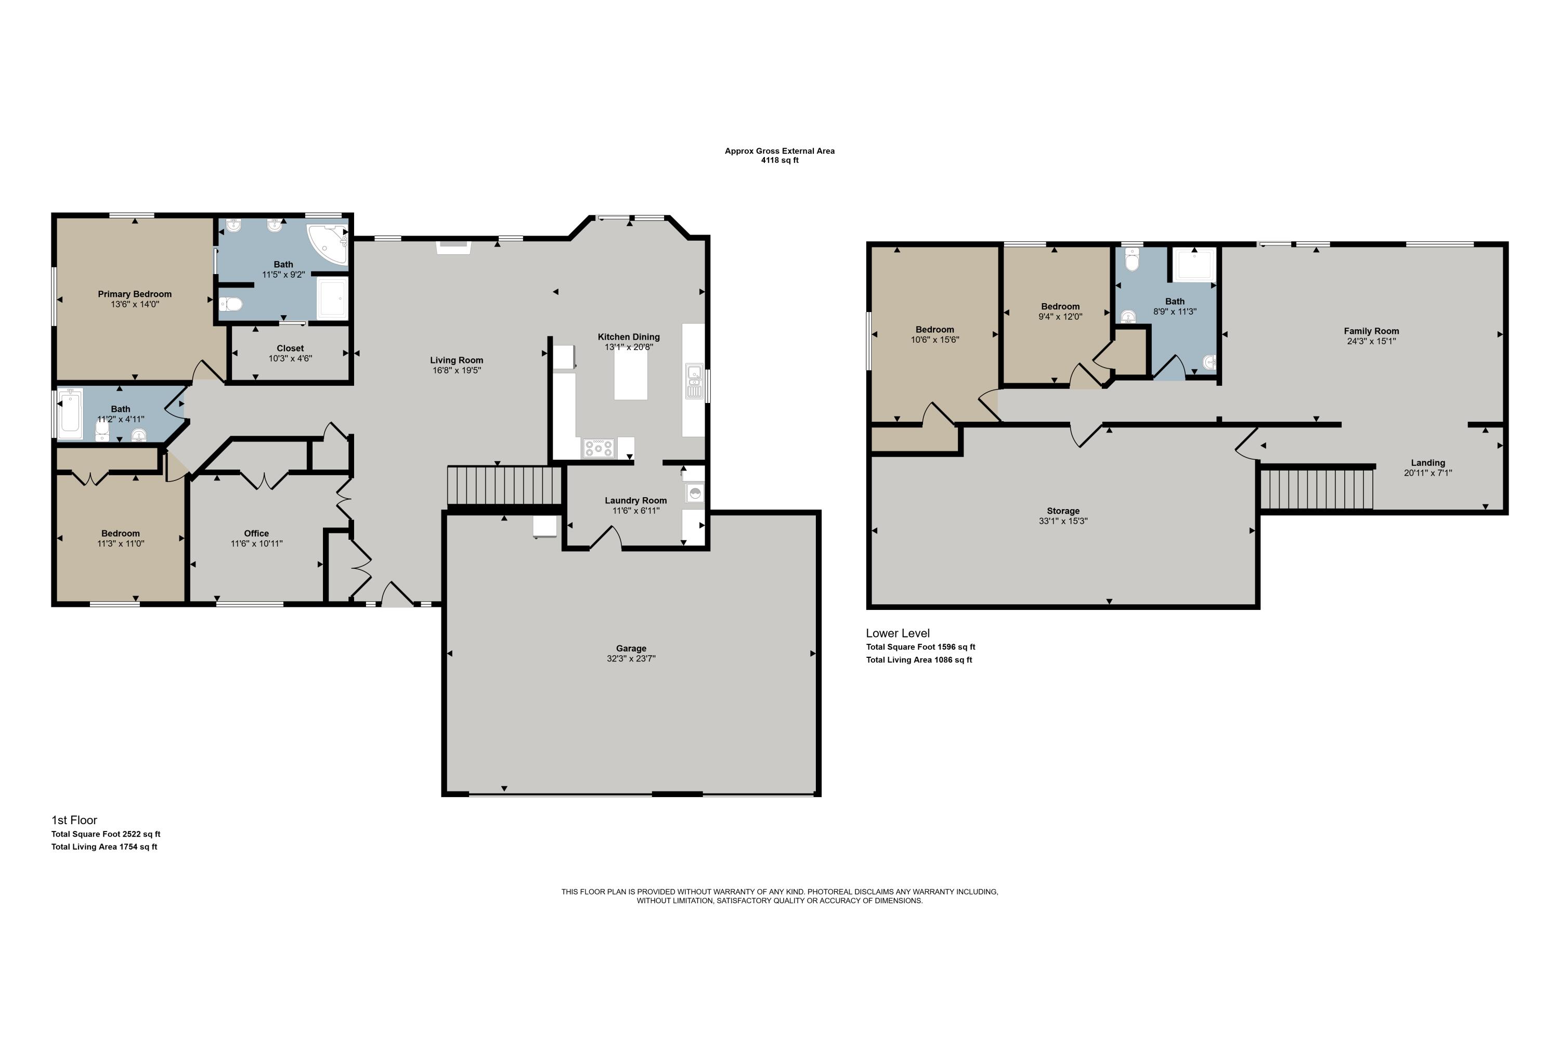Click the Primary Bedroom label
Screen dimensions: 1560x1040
pos(135,294)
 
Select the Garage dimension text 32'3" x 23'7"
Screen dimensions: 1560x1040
pos(631,659)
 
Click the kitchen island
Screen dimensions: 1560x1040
pos(630,373)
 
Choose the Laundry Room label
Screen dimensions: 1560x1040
pos(635,500)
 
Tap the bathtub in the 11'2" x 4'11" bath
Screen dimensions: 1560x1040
pos(70,414)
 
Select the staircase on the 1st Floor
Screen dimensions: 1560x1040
pos(505,486)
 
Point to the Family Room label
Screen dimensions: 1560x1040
pos(1371,331)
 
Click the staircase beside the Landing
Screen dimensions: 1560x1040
pos(1316,489)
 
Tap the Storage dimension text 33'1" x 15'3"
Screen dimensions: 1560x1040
pos(1063,522)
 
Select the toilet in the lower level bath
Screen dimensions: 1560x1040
pos(1132,261)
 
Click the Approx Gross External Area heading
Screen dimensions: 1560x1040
pos(779,151)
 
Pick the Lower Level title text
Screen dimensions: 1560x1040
pos(898,633)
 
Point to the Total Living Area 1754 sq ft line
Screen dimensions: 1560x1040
pos(104,847)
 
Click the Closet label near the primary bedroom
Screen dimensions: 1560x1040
pos(291,348)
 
